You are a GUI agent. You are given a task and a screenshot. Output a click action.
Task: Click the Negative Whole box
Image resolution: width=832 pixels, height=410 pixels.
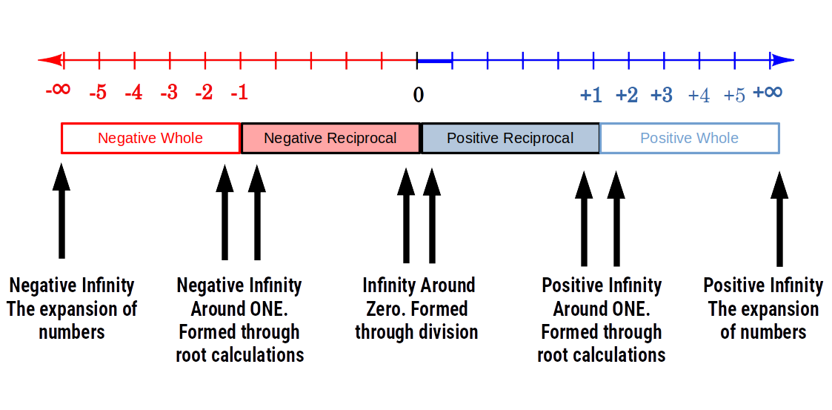(x=150, y=138)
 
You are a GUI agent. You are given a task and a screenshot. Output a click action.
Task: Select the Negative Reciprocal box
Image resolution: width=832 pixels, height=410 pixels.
(x=330, y=138)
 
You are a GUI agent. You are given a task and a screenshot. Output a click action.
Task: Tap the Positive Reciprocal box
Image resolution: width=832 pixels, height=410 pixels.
(x=510, y=138)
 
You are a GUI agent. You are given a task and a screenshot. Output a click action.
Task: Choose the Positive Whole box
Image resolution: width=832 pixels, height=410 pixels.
(x=689, y=138)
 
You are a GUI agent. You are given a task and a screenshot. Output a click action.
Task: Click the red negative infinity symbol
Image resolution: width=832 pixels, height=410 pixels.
(x=58, y=90)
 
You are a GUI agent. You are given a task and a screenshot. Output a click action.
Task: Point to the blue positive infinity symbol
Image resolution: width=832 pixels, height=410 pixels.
(x=768, y=92)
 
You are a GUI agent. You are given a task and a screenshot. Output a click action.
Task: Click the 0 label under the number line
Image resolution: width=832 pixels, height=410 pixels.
(x=419, y=95)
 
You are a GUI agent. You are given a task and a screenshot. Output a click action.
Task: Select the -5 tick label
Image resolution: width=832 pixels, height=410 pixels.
(x=97, y=93)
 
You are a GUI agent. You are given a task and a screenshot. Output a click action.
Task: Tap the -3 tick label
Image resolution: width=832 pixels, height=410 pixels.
(x=169, y=93)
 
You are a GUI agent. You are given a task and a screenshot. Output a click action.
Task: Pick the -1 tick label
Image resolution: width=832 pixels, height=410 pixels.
(x=239, y=93)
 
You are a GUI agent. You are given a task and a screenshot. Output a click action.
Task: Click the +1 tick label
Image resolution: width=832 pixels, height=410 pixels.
(x=590, y=95)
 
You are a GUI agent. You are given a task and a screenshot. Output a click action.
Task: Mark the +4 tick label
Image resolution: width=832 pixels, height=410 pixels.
(x=699, y=96)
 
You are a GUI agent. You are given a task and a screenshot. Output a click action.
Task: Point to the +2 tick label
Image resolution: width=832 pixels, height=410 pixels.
(x=627, y=95)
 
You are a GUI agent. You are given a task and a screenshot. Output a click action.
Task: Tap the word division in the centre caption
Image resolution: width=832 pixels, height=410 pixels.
(x=447, y=331)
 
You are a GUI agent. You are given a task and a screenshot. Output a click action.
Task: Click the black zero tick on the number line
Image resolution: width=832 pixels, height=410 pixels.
(x=417, y=60)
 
